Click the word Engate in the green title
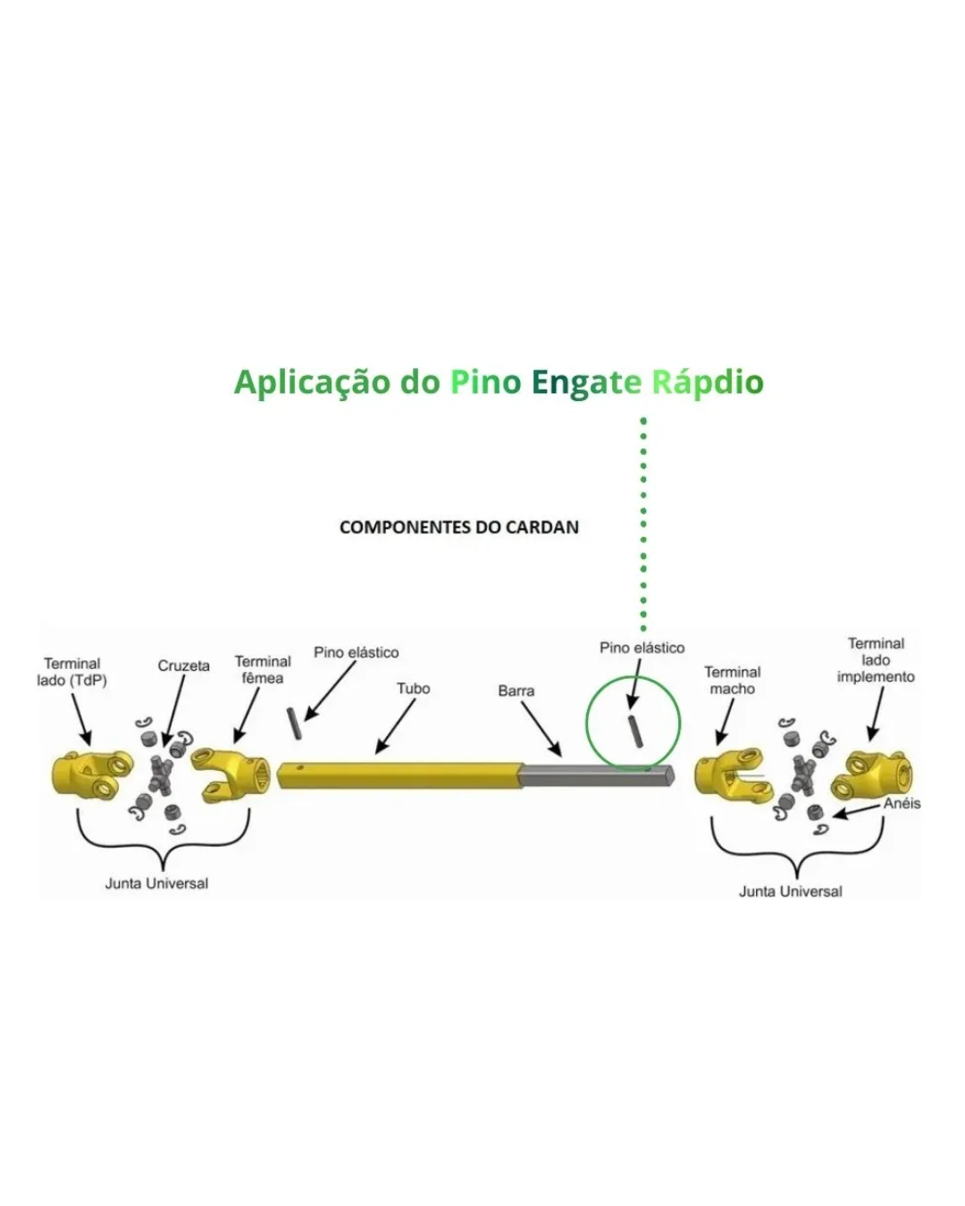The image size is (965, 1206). pyautogui.click(x=586, y=382)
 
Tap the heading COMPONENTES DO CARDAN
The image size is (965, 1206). pyautogui.click(x=459, y=527)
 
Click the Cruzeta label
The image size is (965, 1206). pyautogui.click(x=184, y=666)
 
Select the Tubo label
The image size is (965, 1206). pyautogui.click(x=414, y=689)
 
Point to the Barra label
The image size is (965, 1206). pyautogui.click(x=516, y=691)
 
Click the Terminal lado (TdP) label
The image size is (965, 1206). pyautogui.click(x=71, y=672)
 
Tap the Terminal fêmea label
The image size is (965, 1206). pyautogui.click(x=263, y=669)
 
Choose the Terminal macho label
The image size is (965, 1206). pyautogui.click(x=733, y=680)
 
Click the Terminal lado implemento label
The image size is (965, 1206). pyautogui.click(x=876, y=660)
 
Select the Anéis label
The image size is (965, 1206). pyautogui.click(x=902, y=803)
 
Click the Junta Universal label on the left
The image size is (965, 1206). pyautogui.click(x=156, y=884)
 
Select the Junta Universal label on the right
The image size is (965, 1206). pyautogui.click(x=791, y=891)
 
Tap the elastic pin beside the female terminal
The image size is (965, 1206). pyautogui.click(x=293, y=724)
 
